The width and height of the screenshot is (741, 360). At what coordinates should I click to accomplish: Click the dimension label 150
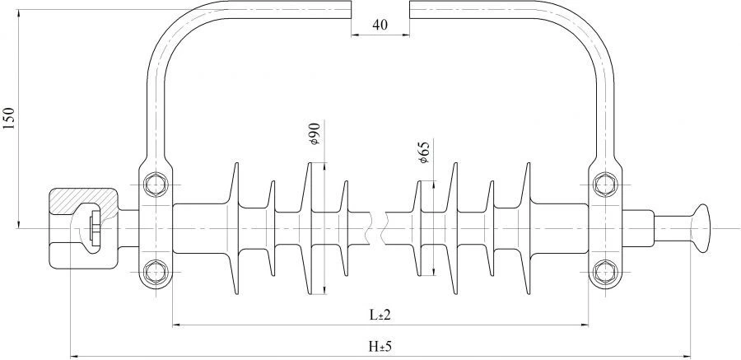coord(10,119)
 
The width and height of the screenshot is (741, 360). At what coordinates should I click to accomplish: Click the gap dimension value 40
coord(380,25)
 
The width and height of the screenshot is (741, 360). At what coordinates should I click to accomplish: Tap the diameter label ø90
coord(315,133)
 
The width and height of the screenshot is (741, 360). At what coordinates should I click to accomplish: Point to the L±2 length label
coord(380,315)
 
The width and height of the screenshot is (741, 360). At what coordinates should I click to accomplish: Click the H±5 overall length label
coord(380,347)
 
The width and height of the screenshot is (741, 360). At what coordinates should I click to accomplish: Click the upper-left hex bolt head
coord(155,184)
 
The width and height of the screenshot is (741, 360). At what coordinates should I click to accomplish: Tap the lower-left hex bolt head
coord(155,272)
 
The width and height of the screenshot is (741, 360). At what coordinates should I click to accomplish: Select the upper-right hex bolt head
coord(604,184)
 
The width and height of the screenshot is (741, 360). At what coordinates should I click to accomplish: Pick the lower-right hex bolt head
coord(604,272)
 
